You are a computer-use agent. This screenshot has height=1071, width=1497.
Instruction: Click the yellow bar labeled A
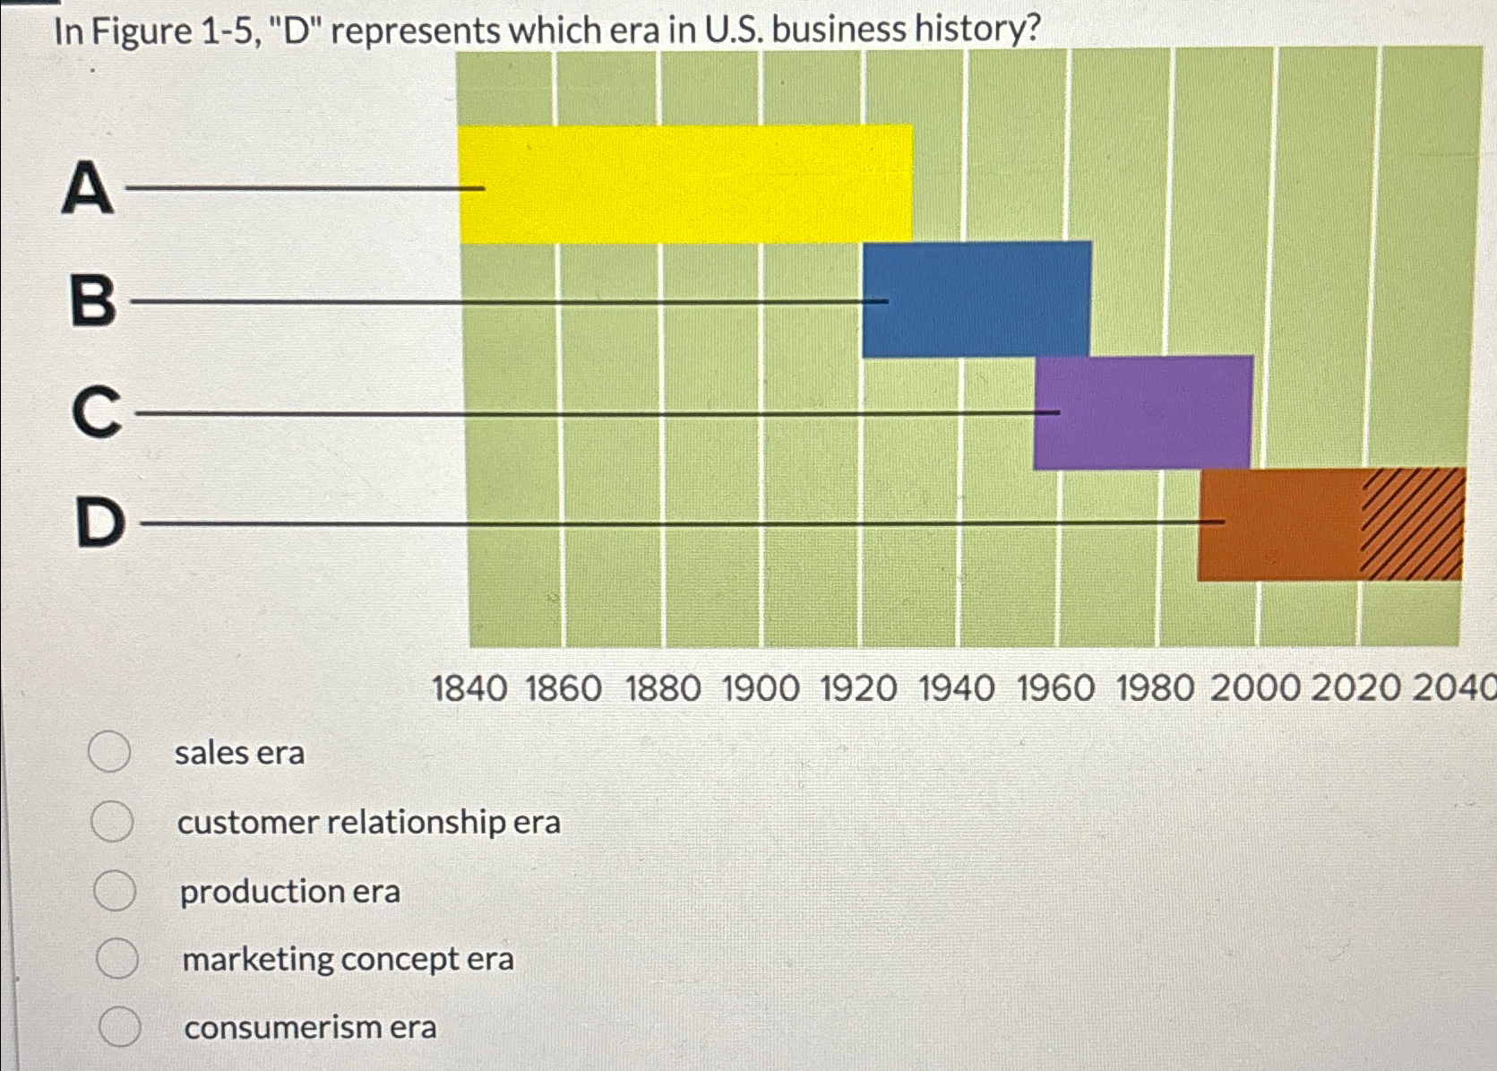(x=685, y=184)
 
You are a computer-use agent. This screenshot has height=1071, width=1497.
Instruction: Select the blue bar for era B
(x=976, y=299)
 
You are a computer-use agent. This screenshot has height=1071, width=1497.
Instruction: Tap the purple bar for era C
(x=1142, y=412)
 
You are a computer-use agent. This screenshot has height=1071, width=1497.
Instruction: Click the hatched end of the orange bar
(x=1413, y=524)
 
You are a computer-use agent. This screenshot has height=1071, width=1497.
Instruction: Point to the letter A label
(x=88, y=188)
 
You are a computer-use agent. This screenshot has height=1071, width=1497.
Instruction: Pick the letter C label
(x=96, y=412)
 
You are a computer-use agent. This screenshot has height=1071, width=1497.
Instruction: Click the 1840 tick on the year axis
(x=469, y=689)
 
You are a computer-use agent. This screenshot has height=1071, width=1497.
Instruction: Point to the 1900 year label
(x=761, y=689)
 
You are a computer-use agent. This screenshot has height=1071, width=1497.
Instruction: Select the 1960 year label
(x=1055, y=689)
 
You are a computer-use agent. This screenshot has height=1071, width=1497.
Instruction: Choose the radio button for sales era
(x=109, y=752)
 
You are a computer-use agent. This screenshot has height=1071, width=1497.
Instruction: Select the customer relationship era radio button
(x=112, y=821)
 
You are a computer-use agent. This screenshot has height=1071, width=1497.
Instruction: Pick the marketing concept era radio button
(x=117, y=958)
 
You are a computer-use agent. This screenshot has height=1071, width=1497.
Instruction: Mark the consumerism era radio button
(x=119, y=1026)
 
